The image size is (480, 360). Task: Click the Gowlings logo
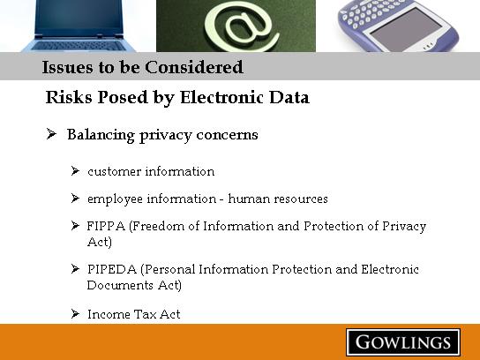click(403, 342)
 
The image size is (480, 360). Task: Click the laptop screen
click(79, 17)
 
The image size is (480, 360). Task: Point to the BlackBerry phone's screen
click(407, 30)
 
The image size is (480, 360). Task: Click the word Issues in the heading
click(68, 67)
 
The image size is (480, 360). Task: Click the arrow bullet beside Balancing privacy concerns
click(51, 134)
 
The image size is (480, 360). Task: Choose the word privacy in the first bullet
click(166, 135)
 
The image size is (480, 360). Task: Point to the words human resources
click(278, 199)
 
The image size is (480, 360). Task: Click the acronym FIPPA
click(106, 226)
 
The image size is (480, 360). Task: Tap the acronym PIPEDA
click(112, 269)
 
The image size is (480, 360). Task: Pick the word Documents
click(120, 285)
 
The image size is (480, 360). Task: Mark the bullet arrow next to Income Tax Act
click(75, 313)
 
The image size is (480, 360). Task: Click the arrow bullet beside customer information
click(75, 171)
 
